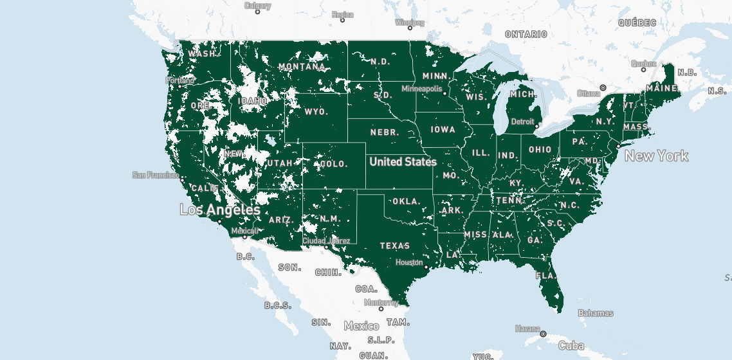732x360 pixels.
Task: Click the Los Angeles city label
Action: (220, 210)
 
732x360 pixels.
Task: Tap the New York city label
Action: (656, 156)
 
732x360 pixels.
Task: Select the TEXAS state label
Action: (394, 246)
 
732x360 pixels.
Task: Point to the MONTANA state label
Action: (302, 67)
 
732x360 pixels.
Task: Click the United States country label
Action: (403, 162)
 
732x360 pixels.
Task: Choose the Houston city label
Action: (409, 262)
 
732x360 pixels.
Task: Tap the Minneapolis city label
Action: (421, 89)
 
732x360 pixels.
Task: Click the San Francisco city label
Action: (156, 175)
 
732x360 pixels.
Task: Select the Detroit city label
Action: (522, 122)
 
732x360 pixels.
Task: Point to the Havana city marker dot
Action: (543, 334)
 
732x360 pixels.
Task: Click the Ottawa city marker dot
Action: (603, 87)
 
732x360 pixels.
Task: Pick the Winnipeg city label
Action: (410, 22)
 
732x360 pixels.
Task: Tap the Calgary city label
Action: (257, 6)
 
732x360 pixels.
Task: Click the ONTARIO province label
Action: (526, 34)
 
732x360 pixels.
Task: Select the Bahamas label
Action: (595, 314)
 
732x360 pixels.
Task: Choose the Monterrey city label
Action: (381, 302)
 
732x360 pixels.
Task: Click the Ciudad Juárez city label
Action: (327, 241)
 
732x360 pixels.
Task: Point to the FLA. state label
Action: (545, 276)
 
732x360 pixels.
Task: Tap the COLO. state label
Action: (333, 164)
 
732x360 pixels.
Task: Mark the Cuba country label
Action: (571, 346)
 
